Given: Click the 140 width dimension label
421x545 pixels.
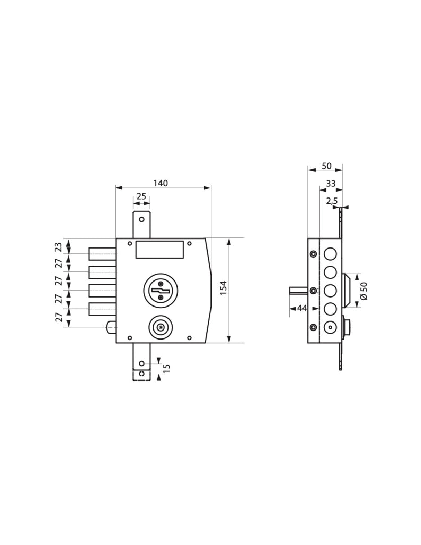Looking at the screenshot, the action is click(160, 183).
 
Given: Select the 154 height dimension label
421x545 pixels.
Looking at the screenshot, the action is click(223, 288).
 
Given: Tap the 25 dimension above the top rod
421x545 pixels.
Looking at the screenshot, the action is click(141, 196).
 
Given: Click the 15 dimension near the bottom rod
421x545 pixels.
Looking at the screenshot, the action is click(166, 368).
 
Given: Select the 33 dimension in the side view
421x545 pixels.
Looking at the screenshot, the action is click(331, 183).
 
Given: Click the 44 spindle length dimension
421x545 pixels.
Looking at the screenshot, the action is click(302, 308).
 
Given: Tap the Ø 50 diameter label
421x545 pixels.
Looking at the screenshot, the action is click(364, 291).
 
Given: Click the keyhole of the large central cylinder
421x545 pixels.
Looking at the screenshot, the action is click(161, 288).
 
